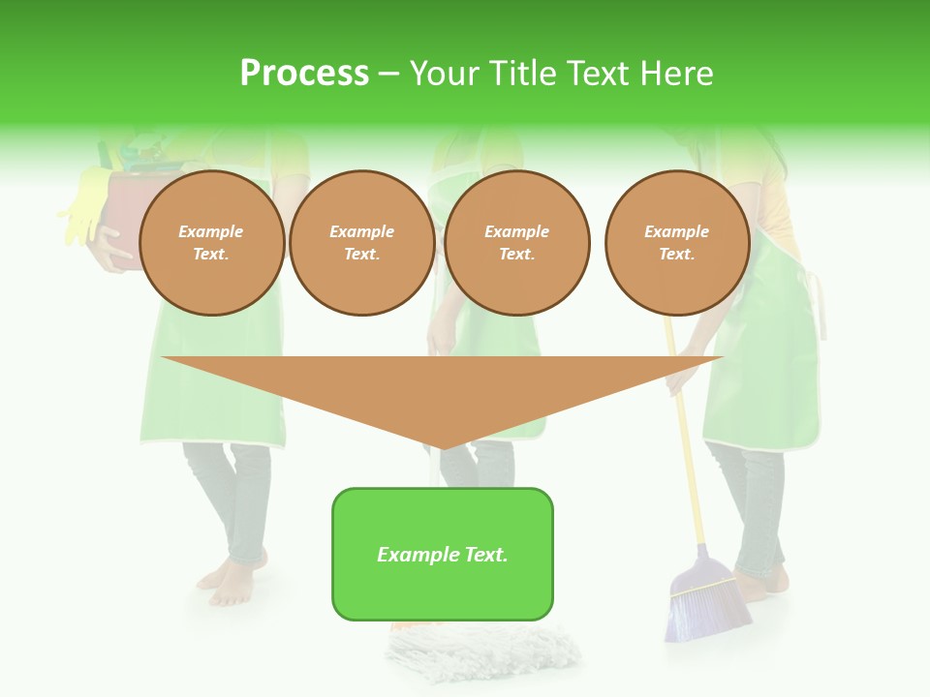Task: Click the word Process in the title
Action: tap(304, 74)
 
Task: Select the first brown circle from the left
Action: tap(211, 243)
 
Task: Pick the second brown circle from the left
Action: tap(361, 243)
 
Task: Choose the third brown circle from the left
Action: tap(516, 243)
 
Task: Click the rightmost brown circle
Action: tap(676, 243)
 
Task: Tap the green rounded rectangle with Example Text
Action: tap(443, 554)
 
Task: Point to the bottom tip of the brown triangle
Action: tap(443, 447)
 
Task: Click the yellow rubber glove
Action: tap(83, 203)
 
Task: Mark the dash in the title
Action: tap(388, 74)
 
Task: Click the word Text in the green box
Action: tap(484, 555)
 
